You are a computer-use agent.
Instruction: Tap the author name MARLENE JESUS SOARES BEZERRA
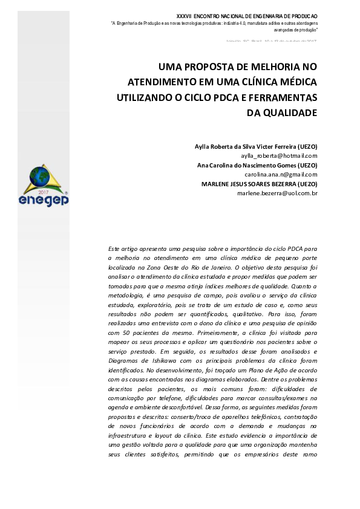[x=250, y=184]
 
